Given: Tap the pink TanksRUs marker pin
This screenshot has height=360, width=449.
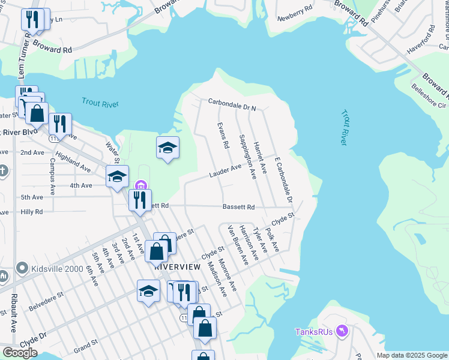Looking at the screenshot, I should pyautogui.click(x=343, y=331).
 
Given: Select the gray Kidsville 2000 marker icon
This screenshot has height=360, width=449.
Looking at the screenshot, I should pyautogui.click(x=22, y=268).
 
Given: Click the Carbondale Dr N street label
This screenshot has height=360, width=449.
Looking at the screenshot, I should pyautogui.click(x=232, y=104).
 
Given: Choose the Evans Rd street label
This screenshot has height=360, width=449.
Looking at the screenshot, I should pyautogui.click(x=222, y=136).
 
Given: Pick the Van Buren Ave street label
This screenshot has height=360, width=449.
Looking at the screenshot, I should pyautogui.click(x=237, y=245).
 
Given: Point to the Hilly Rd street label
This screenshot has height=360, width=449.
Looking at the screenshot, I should pyautogui.click(x=32, y=212).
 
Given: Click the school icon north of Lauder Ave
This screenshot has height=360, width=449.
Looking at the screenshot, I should pyautogui.click(x=167, y=147).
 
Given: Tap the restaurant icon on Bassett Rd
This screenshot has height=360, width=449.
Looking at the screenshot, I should pyautogui.click(x=140, y=200).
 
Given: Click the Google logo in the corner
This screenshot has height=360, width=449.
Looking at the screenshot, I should pyautogui.click(x=20, y=353).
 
